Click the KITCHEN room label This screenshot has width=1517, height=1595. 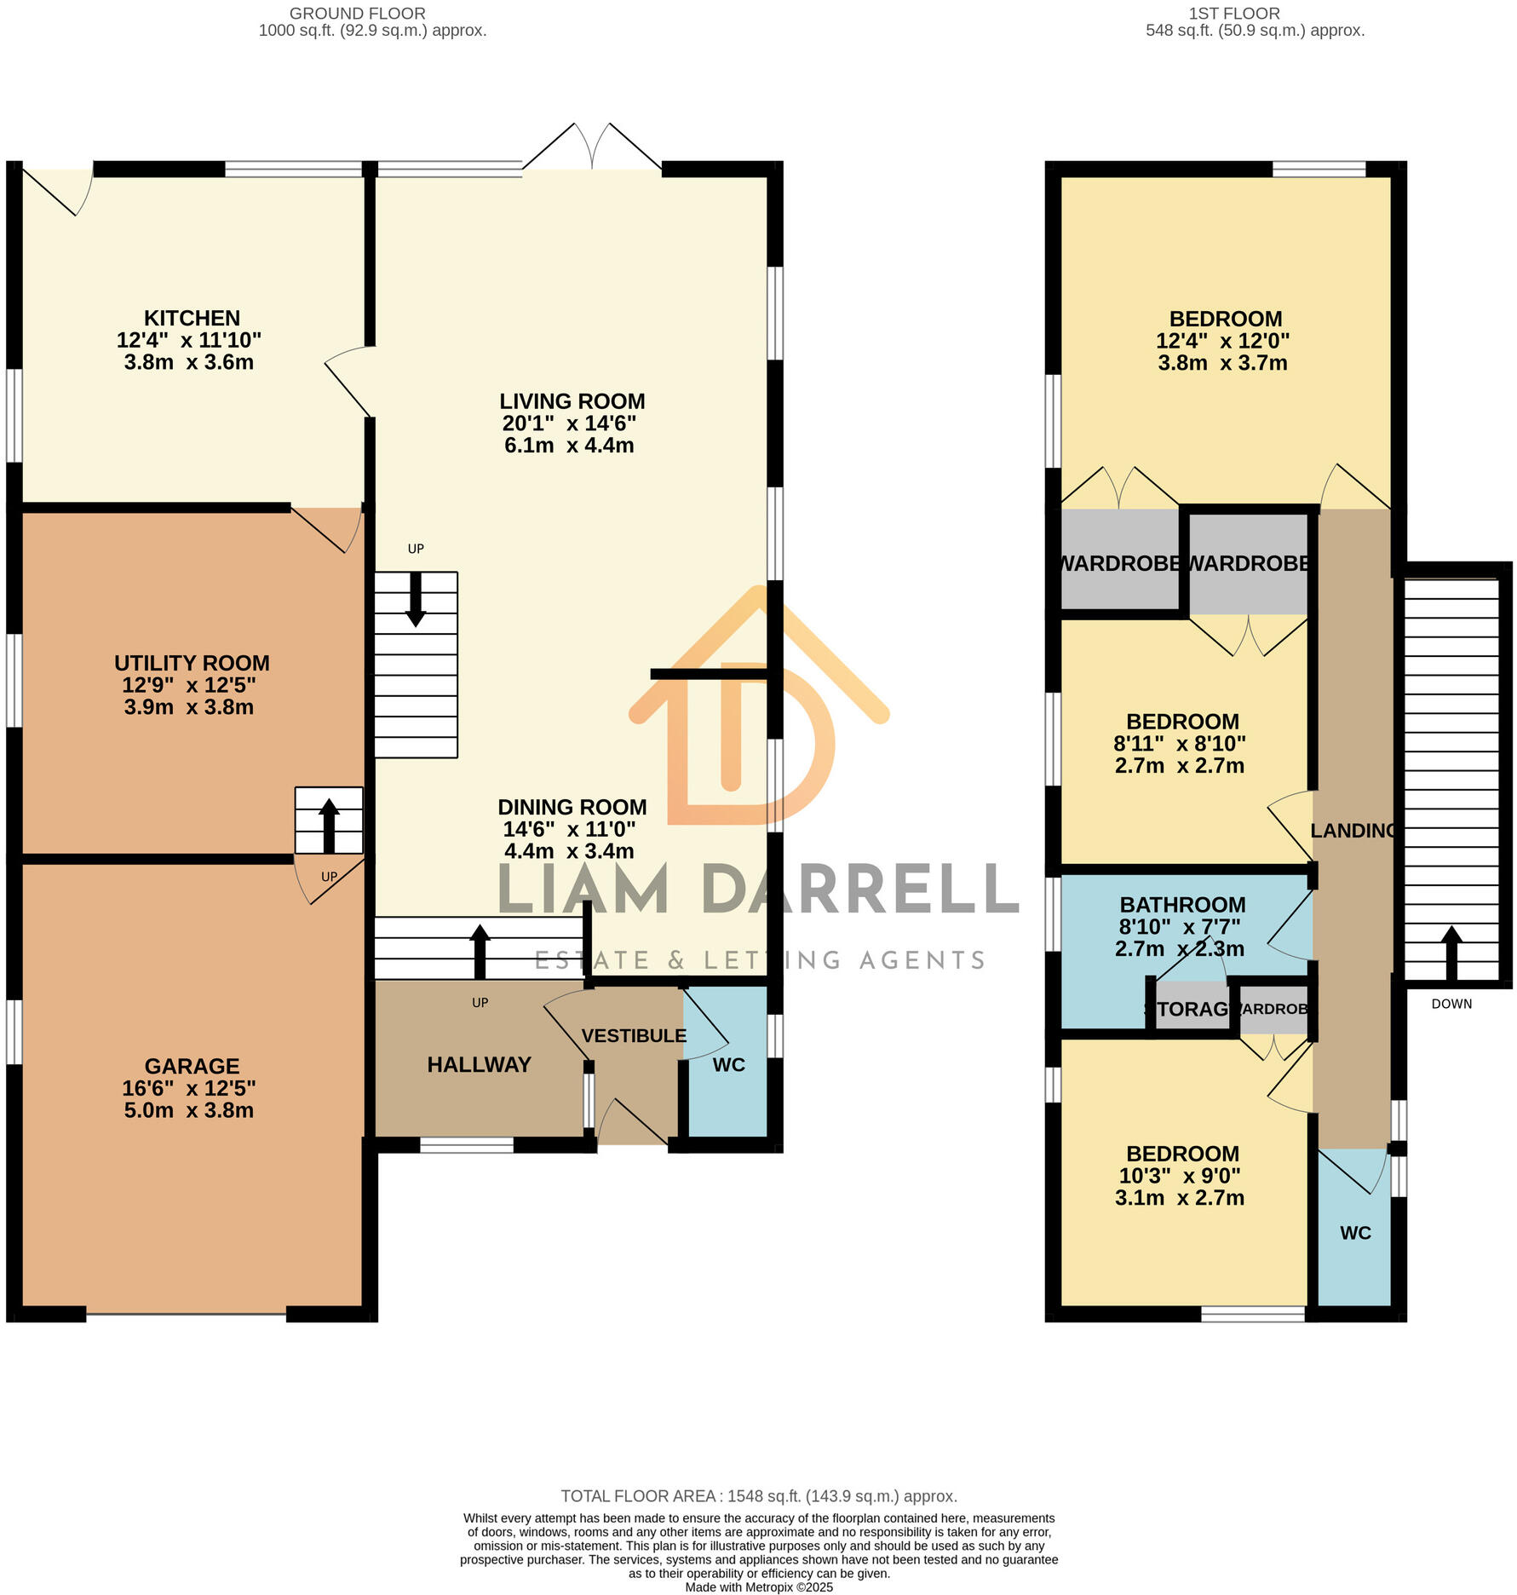(x=192, y=318)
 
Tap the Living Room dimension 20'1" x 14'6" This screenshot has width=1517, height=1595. (x=569, y=423)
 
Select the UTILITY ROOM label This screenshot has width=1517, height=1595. (x=192, y=663)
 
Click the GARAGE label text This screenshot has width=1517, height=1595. (x=192, y=1066)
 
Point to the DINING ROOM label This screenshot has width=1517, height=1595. (x=572, y=807)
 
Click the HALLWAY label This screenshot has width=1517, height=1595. (x=479, y=1064)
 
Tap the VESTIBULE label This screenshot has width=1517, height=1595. (x=634, y=1035)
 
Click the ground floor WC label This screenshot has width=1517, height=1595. (x=728, y=1065)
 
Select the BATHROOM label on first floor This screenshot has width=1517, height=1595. (x=1182, y=905)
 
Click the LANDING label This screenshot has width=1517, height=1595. (x=1353, y=831)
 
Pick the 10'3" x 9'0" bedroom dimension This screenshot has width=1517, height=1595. (x=1180, y=1176)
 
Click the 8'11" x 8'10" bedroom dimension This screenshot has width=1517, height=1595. (x=1180, y=744)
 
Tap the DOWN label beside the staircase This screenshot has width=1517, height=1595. (x=1451, y=1004)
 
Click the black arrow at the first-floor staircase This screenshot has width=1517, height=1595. (x=1451, y=952)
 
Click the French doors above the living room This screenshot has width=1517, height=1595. (x=592, y=149)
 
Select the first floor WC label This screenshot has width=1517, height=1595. (x=1355, y=1233)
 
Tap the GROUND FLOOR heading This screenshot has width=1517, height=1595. (x=357, y=14)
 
